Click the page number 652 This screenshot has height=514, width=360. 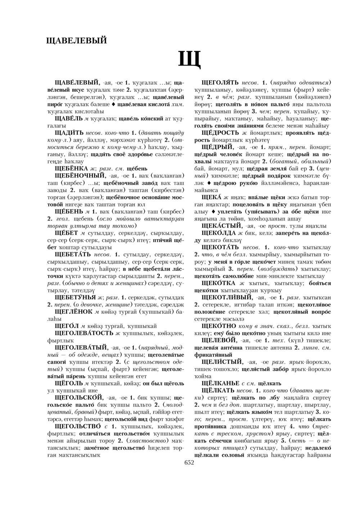pyautogui.click(x=189, y=463)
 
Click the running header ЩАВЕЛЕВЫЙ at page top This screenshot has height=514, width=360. pyautogui.click(x=77, y=40)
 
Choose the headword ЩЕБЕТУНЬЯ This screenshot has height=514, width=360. pyautogui.click(x=76, y=297)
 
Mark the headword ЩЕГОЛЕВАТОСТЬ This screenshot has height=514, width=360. pyautogui.click(x=84, y=332)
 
